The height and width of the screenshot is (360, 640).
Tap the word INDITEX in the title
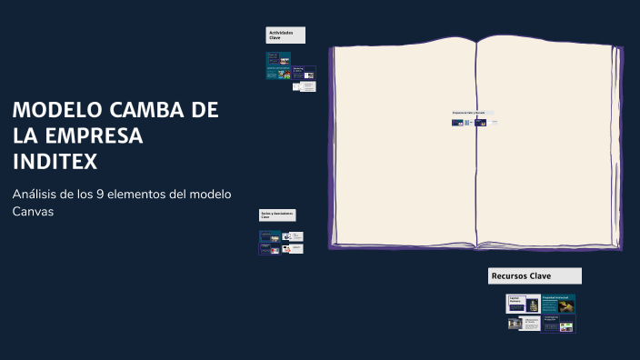(55, 162)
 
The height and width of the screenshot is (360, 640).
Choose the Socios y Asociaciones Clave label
(277, 215)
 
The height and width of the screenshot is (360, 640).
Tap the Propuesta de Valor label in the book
(469, 113)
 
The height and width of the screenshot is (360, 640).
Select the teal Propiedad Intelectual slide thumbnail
(558, 304)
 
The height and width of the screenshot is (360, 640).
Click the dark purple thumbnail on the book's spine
(480, 122)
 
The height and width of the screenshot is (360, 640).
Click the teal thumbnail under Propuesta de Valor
(457, 122)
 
